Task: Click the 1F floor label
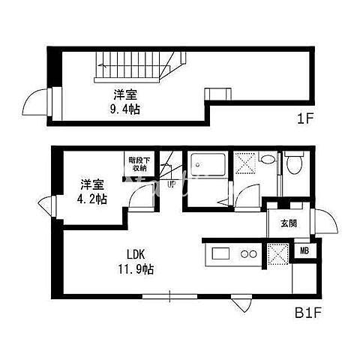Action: point(305,118)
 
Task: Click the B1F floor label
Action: point(307,313)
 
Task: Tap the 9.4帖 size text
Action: point(125,109)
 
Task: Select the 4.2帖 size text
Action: point(92,199)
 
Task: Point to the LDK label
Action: point(136,255)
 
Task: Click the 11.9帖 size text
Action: point(136,269)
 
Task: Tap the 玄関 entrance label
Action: point(289,223)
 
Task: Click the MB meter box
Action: point(304,251)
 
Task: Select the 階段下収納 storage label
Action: point(137,164)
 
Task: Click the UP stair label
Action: point(172,184)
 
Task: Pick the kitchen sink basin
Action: point(220,253)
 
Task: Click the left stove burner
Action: point(244,254)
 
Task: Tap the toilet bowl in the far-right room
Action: point(294,163)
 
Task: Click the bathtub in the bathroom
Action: point(208,165)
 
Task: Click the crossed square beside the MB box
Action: point(278,253)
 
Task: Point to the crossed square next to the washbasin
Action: point(246,163)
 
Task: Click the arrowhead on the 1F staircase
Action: point(101,66)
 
